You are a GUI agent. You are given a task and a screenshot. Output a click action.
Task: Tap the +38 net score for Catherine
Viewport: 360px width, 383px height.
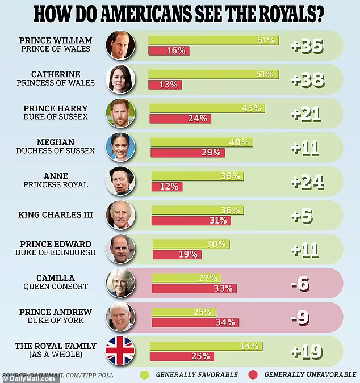tap(307, 80)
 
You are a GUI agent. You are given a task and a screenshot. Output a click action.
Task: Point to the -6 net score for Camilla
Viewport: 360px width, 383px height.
tap(300, 283)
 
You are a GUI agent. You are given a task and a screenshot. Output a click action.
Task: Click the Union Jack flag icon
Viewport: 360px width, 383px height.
tap(119, 350)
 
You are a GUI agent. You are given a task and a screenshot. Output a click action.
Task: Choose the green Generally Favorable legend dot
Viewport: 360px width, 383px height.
tap(144, 374)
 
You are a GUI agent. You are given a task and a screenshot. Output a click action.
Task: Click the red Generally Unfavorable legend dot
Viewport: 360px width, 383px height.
tap(253, 374)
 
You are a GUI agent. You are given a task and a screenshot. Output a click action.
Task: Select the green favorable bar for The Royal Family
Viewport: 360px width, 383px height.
tap(205, 346)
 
